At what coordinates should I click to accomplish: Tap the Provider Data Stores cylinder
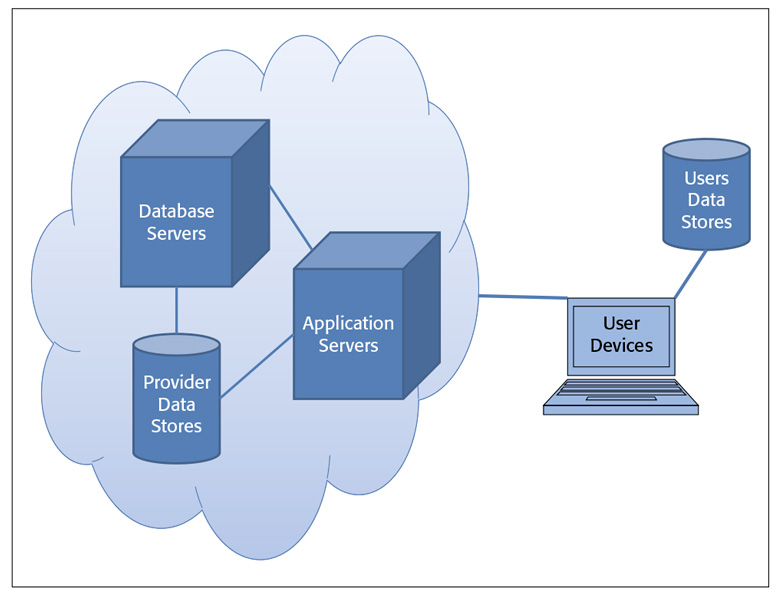176,404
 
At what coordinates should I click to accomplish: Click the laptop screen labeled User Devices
621,335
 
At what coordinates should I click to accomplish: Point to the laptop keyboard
620,393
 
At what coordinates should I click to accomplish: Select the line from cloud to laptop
522,297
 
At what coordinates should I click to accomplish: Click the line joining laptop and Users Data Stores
691,272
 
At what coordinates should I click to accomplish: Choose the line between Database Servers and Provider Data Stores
176,310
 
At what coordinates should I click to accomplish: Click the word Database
176,211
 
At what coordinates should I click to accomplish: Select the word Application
348,324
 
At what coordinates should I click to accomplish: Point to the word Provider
176,382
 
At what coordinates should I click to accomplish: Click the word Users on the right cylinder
706,179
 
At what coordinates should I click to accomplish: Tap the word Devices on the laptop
621,346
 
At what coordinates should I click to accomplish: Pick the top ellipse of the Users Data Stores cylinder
706,150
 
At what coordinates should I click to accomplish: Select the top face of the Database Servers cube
196,138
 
